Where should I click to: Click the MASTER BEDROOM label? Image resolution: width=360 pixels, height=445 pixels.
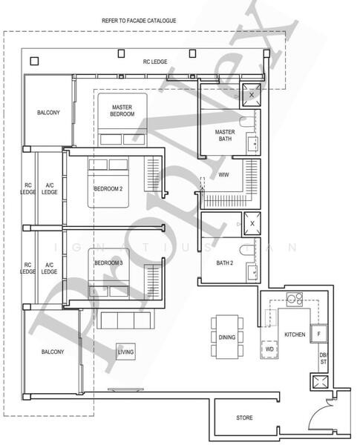pyautogui.click(x=122, y=110)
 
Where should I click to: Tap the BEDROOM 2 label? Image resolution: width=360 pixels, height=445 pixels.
pyautogui.click(x=108, y=188)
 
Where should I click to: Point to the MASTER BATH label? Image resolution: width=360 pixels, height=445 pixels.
pyautogui.click(x=225, y=135)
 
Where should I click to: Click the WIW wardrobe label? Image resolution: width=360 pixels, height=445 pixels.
pyautogui.click(x=223, y=175)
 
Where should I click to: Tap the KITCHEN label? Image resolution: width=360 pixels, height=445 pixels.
pyautogui.click(x=295, y=334)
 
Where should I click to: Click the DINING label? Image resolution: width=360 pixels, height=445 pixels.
pyautogui.click(x=227, y=337)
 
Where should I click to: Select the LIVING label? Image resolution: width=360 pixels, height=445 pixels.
pyautogui.click(x=125, y=352)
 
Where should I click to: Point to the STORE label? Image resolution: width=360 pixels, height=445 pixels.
pyautogui.click(x=244, y=418)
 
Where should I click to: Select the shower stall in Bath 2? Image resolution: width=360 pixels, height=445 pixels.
pyautogui.click(x=252, y=223)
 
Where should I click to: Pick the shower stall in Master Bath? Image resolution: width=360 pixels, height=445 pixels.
pyautogui.click(x=252, y=94)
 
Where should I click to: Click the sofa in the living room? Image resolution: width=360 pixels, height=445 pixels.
pyautogui.click(x=125, y=320)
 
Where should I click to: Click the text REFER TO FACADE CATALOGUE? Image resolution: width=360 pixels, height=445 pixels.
pyautogui.click(x=139, y=21)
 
